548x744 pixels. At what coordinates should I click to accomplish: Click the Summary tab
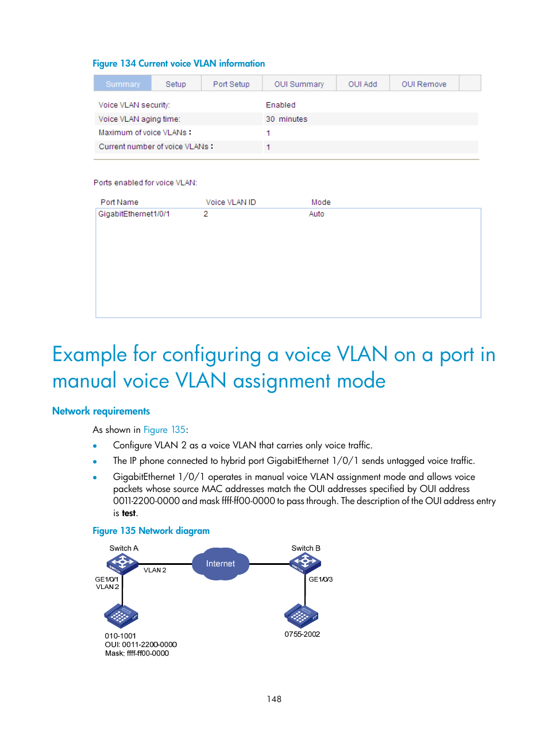coord(122,84)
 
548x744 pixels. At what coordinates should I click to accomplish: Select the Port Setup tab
coord(231,84)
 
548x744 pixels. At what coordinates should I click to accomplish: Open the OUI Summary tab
coord(299,84)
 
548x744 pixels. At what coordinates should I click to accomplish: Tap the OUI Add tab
coord(362,84)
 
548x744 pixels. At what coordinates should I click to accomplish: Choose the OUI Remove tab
coord(423,84)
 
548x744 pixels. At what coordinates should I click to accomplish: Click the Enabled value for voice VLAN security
coord(280,105)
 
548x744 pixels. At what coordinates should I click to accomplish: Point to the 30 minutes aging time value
coord(286,119)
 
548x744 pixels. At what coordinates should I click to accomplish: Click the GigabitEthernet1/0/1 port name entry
coord(134,214)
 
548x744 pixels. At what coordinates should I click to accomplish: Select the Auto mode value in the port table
coord(317,214)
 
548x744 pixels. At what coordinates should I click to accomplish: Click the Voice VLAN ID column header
coord(230,202)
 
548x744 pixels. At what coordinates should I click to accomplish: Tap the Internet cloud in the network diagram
coord(221,564)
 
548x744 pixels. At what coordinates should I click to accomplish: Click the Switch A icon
coord(122,564)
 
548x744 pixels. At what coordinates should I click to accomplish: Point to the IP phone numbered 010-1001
coord(121,616)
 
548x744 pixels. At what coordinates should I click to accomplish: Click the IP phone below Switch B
coord(301,615)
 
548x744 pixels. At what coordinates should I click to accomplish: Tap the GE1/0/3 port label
coord(321,579)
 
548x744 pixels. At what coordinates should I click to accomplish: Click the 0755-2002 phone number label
coord(302,634)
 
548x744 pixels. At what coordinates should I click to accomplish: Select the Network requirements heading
coord(101,411)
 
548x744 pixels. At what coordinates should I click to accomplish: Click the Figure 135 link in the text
coord(164,430)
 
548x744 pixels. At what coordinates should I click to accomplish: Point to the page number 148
coord(274,699)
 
